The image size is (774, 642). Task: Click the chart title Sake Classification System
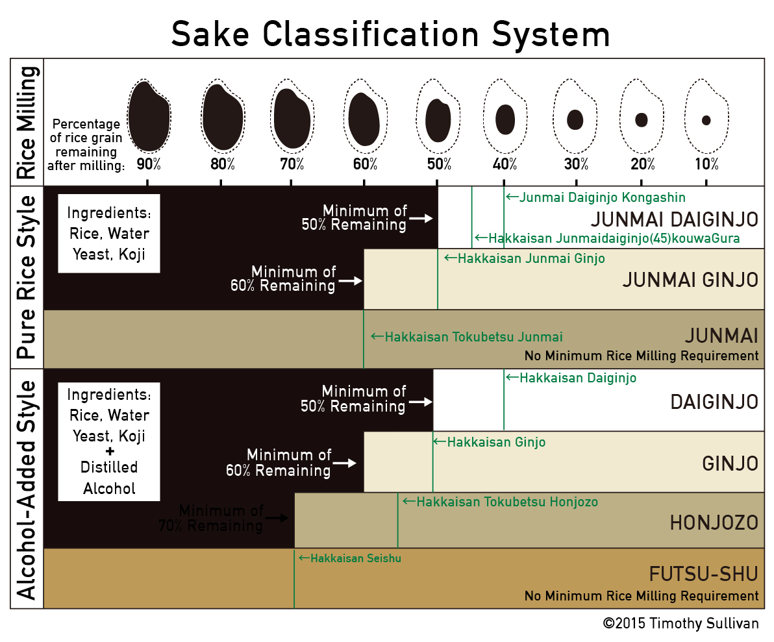(390, 34)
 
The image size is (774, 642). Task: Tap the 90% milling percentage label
(149, 164)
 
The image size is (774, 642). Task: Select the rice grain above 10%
(706, 120)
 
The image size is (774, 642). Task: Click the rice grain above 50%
(438, 120)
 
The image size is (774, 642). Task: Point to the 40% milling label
(505, 164)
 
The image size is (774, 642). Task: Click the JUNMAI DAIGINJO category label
(674, 219)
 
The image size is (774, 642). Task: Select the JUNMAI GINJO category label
(690, 280)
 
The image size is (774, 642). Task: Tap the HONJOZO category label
(714, 523)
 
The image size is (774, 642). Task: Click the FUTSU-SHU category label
(703, 574)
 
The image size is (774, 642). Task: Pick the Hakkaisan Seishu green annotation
(350, 558)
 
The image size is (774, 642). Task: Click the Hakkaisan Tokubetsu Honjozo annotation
(501, 502)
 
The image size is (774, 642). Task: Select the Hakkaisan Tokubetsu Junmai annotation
(467, 337)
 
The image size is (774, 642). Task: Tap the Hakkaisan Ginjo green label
(490, 442)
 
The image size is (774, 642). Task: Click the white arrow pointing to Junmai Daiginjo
(421, 218)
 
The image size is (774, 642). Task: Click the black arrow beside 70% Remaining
(277, 517)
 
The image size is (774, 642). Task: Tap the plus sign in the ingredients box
(110, 451)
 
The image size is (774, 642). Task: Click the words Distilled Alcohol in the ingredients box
(109, 478)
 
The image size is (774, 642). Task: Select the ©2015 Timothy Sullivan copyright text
(680, 623)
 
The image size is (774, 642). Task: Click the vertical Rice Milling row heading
(27, 123)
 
